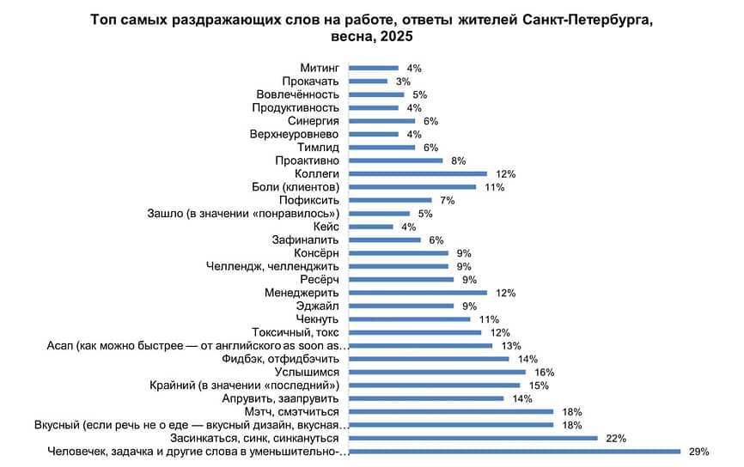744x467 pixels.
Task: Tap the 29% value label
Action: pyautogui.click(x=693, y=452)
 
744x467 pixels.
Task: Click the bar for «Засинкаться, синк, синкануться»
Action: pyautogui.click(x=473, y=439)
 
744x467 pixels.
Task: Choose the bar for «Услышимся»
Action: pyautogui.click(x=436, y=373)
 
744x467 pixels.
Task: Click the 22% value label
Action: pyautogui.click(x=615, y=439)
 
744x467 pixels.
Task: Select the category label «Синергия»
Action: pyautogui.click(x=314, y=121)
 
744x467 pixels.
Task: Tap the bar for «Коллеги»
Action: pyautogui.click(x=418, y=174)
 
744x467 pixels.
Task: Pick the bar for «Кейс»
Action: pyautogui.click(x=370, y=227)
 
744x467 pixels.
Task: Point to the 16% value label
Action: pyautogui.click(x=544, y=373)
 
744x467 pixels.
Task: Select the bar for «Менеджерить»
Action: pyautogui.click(x=418, y=293)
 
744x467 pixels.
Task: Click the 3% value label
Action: pyautogui.click(x=403, y=82)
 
